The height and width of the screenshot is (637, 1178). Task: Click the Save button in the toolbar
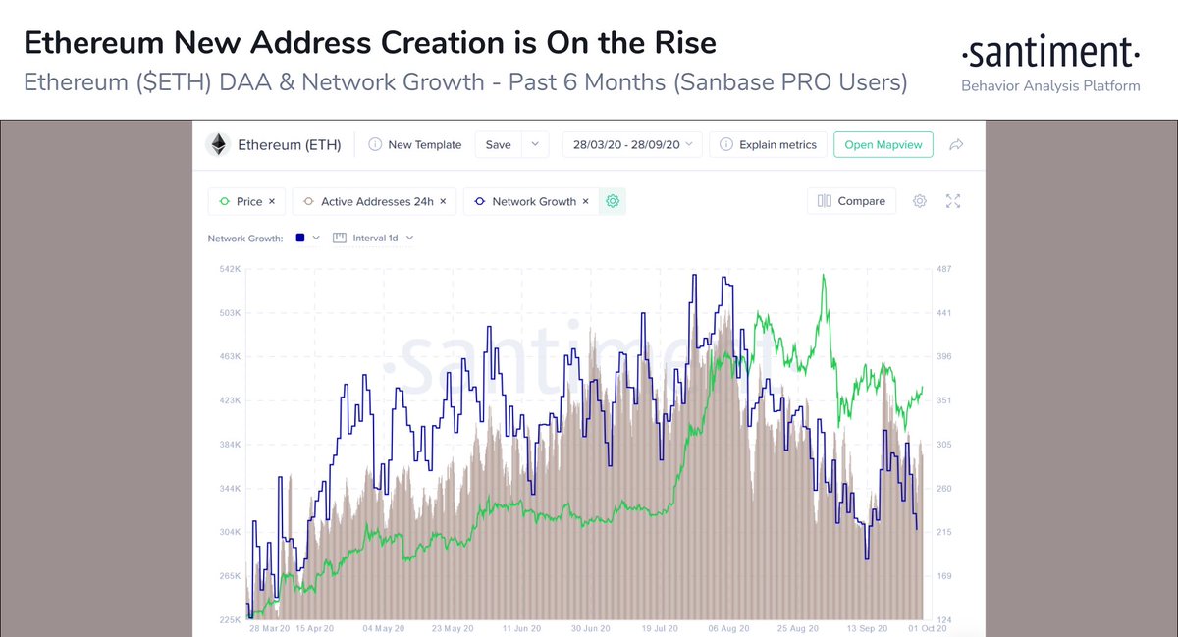pos(499,144)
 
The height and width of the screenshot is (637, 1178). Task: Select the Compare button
pos(851,201)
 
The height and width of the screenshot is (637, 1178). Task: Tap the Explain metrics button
pos(768,144)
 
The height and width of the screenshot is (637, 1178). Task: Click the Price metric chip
pos(248,201)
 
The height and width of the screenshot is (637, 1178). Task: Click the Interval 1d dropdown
pos(374,238)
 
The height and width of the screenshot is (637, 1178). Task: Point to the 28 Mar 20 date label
pos(269,628)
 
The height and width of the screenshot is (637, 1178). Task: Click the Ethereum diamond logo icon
pos(219,144)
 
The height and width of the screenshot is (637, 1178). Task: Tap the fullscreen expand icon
pos(952,201)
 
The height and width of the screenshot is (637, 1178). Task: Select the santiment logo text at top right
pos(1050,51)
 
